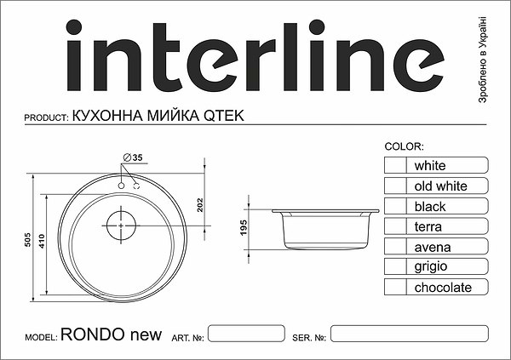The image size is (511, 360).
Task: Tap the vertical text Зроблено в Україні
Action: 484,60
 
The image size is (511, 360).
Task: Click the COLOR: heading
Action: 405,146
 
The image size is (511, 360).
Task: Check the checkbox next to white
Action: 395,165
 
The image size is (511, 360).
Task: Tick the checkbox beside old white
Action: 395,186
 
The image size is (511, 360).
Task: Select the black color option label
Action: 430,206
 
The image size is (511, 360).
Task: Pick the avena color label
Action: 433,247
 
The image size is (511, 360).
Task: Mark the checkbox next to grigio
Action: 395,267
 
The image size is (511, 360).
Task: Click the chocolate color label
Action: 443,288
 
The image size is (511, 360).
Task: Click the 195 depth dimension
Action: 243,228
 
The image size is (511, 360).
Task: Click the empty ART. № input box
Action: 246,334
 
